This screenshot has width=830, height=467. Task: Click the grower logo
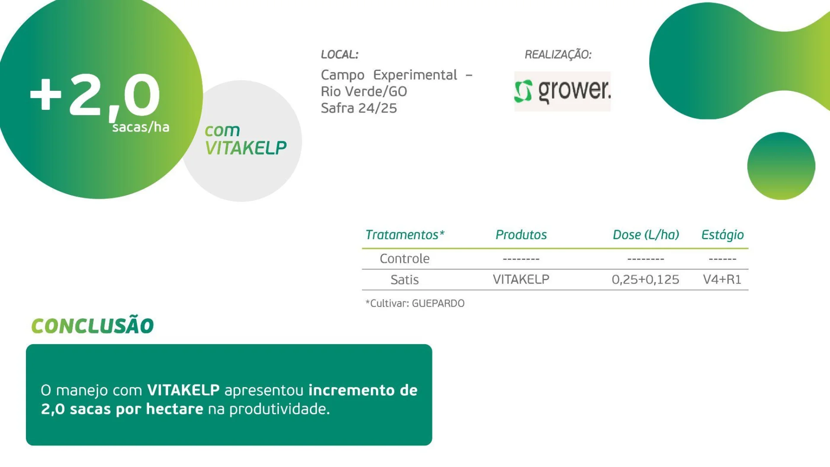[562, 91]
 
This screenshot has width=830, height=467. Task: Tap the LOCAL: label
[339, 54]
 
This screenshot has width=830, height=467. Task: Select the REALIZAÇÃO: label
[558, 54]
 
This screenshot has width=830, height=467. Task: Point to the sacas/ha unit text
[140, 127]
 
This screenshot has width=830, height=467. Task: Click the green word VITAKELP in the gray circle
[246, 148]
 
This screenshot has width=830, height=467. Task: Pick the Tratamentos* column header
[405, 235]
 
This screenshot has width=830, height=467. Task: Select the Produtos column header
[521, 235]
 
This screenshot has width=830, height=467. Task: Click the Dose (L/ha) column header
[645, 235]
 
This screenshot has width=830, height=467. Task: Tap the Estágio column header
[722, 235]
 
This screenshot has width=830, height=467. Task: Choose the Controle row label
[405, 259]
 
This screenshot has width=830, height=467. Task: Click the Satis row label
[405, 280]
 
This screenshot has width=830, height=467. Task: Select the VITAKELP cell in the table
[521, 279]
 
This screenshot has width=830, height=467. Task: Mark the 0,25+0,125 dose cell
[645, 279]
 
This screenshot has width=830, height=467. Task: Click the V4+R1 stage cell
[722, 279]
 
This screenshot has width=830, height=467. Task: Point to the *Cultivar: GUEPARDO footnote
[415, 304]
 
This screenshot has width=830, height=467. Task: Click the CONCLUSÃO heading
[93, 326]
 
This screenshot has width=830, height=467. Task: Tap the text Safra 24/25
[359, 108]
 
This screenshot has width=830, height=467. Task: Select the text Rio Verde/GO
[364, 92]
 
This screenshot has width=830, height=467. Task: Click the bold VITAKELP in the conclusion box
[183, 390]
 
